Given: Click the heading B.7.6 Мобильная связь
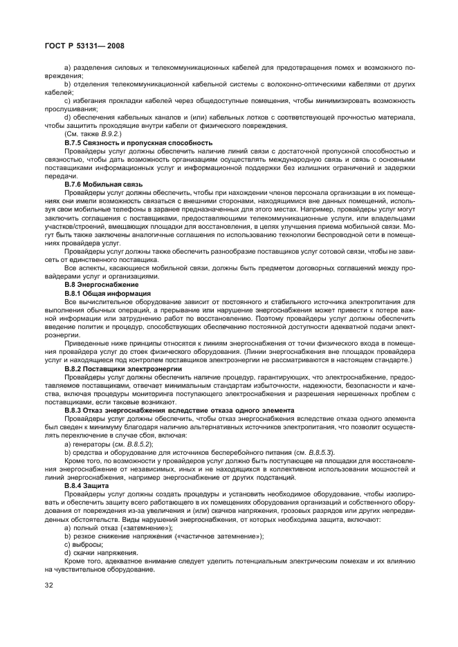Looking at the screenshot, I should (x=103, y=185).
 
